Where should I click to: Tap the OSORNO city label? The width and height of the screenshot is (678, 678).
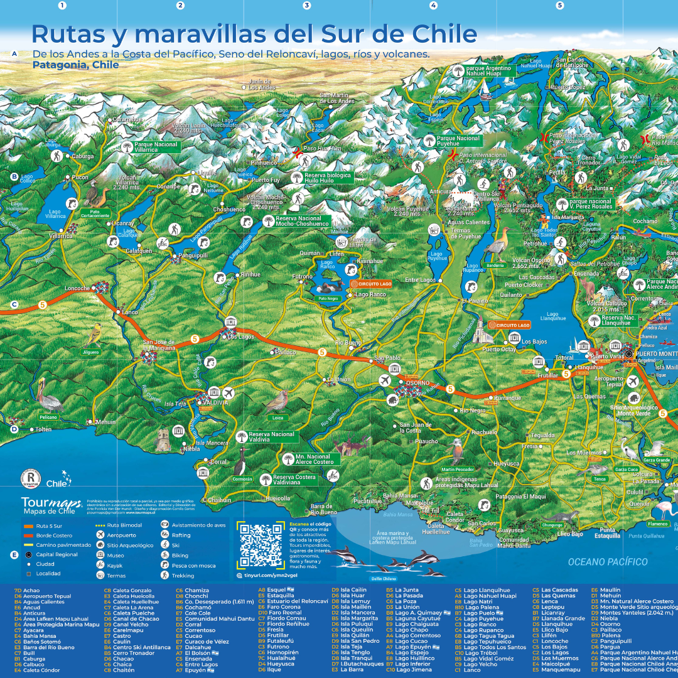(x=417, y=383)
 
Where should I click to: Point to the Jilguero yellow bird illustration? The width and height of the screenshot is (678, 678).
(x=94, y=332)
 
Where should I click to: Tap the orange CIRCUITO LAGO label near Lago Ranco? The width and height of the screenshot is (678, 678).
(x=374, y=284)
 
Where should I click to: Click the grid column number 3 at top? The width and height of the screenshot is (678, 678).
(x=307, y=6)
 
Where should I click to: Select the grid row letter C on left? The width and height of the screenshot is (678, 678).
(x=14, y=304)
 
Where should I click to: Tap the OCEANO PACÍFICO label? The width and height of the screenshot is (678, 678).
(x=608, y=562)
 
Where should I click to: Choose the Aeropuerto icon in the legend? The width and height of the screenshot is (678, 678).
(x=100, y=535)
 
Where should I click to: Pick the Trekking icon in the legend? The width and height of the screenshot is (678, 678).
(x=164, y=575)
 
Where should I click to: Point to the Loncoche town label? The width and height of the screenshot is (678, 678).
(x=78, y=289)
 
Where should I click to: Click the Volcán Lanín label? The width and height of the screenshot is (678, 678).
(x=190, y=127)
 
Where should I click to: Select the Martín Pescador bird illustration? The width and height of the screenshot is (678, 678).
(x=458, y=452)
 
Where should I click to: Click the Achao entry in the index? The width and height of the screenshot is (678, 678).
(x=31, y=591)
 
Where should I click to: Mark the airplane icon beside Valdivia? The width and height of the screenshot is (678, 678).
(x=229, y=393)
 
